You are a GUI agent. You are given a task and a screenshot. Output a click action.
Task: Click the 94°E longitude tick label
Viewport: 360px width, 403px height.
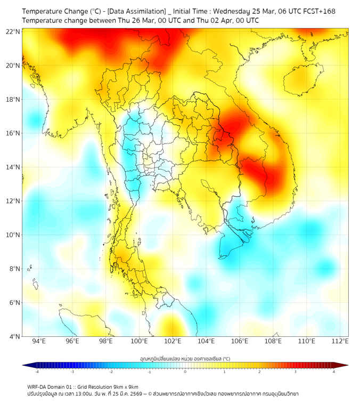39,341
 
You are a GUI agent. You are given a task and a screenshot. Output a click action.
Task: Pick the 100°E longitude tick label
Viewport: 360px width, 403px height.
140,341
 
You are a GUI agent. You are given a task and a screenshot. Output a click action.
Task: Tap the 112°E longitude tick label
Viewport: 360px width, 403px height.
340,341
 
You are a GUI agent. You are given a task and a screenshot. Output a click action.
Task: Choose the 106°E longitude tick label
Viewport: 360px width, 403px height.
240,341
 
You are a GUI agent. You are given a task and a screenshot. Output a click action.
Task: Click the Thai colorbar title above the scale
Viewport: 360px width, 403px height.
185,359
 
